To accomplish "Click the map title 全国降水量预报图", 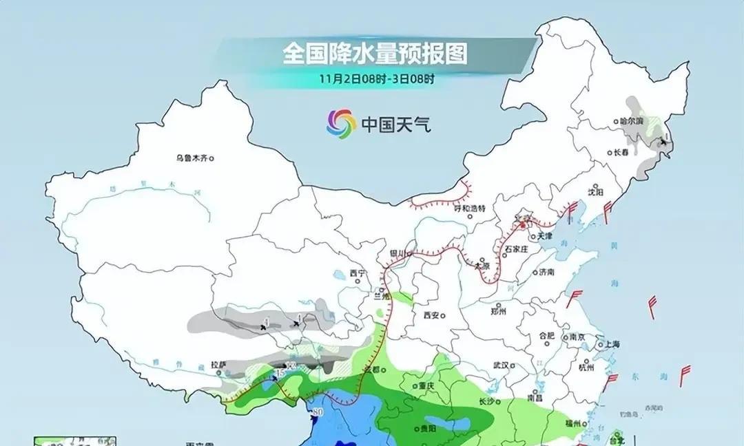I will [x=375, y=54].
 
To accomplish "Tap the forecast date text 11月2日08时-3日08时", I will [x=376, y=78].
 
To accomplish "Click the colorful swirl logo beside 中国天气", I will [x=341, y=123].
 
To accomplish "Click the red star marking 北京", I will [x=523, y=224].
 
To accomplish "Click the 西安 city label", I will [x=431, y=315].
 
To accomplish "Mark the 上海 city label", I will [x=609, y=344].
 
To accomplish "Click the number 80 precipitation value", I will [x=318, y=413].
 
